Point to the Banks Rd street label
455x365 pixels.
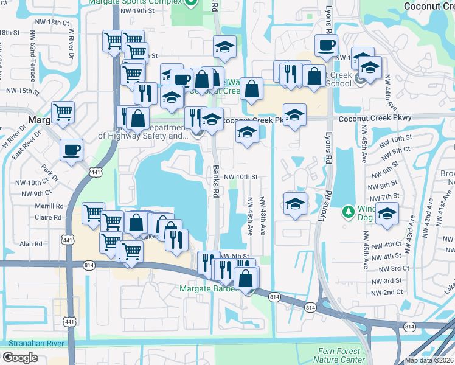(x=215, y=181)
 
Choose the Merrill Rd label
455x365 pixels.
(x=50, y=206)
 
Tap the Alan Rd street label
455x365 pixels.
(x=30, y=244)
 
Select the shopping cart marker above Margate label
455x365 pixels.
(x=63, y=111)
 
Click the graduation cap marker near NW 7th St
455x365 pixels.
(x=387, y=213)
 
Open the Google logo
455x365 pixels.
(x=19, y=358)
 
